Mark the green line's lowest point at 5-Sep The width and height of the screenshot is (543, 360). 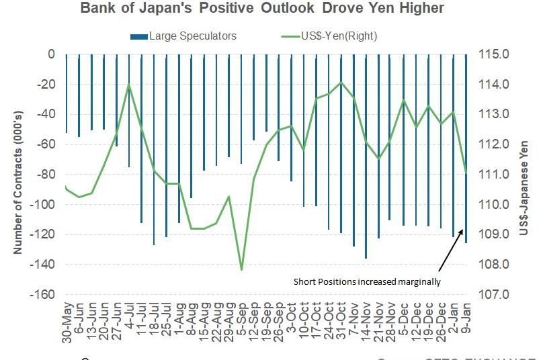tap(241, 270)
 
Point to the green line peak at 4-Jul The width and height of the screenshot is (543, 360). tap(128, 85)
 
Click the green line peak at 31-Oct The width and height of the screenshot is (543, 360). tap(341, 83)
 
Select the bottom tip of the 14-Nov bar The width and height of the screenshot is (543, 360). tap(366, 257)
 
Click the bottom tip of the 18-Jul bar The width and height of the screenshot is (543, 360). tap(154, 244)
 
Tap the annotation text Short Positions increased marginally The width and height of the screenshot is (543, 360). tap(367, 282)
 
